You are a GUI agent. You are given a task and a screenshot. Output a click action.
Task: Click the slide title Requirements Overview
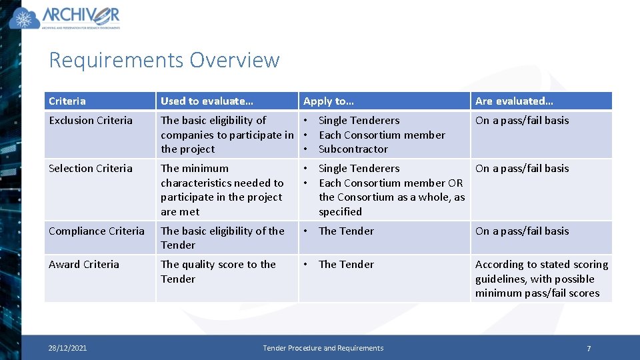click(164, 60)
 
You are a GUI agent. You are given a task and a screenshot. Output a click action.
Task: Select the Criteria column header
click(67, 101)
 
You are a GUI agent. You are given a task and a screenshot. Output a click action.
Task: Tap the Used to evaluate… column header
click(207, 101)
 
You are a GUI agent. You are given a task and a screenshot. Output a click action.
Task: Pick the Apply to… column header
click(329, 101)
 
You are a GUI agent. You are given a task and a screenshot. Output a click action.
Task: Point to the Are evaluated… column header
click(514, 101)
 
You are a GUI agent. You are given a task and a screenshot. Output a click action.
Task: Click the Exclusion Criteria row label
click(91, 121)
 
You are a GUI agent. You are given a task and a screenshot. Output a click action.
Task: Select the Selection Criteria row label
click(91, 169)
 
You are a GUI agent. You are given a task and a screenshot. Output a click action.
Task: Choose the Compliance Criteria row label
click(97, 231)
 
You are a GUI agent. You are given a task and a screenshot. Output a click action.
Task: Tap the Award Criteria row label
click(84, 265)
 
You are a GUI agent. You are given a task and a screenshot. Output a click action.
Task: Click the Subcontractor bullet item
click(353, 149)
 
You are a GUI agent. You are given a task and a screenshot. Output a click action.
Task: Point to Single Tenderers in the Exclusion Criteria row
click(359, 121)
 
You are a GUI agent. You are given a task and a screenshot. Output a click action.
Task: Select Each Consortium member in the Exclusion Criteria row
click(382, 135)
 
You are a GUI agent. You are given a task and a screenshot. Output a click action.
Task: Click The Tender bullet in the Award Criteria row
click(347, 265)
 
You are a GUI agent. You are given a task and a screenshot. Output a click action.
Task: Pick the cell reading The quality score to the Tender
click(218, 271)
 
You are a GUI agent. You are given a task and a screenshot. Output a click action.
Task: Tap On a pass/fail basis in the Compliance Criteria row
click(522, 231)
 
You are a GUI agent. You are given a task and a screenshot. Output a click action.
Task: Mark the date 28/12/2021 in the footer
click(67, 348)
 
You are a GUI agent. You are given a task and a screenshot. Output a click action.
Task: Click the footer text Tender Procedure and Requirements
click(323, 348)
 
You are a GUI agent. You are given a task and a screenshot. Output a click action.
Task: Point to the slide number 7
click(589, 349)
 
